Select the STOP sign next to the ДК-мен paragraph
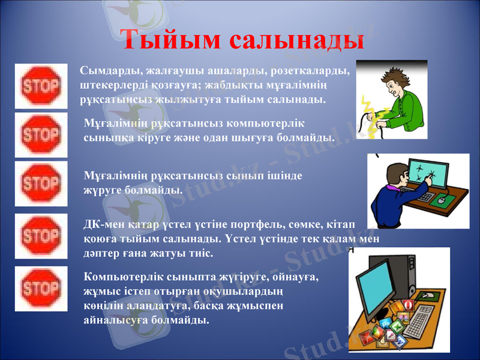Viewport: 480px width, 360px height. pos(41,235)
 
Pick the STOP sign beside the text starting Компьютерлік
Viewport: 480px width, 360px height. pos(41,289)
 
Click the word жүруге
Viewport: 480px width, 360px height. pos(102,190)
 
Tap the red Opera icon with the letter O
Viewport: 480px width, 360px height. pos(408,305)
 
